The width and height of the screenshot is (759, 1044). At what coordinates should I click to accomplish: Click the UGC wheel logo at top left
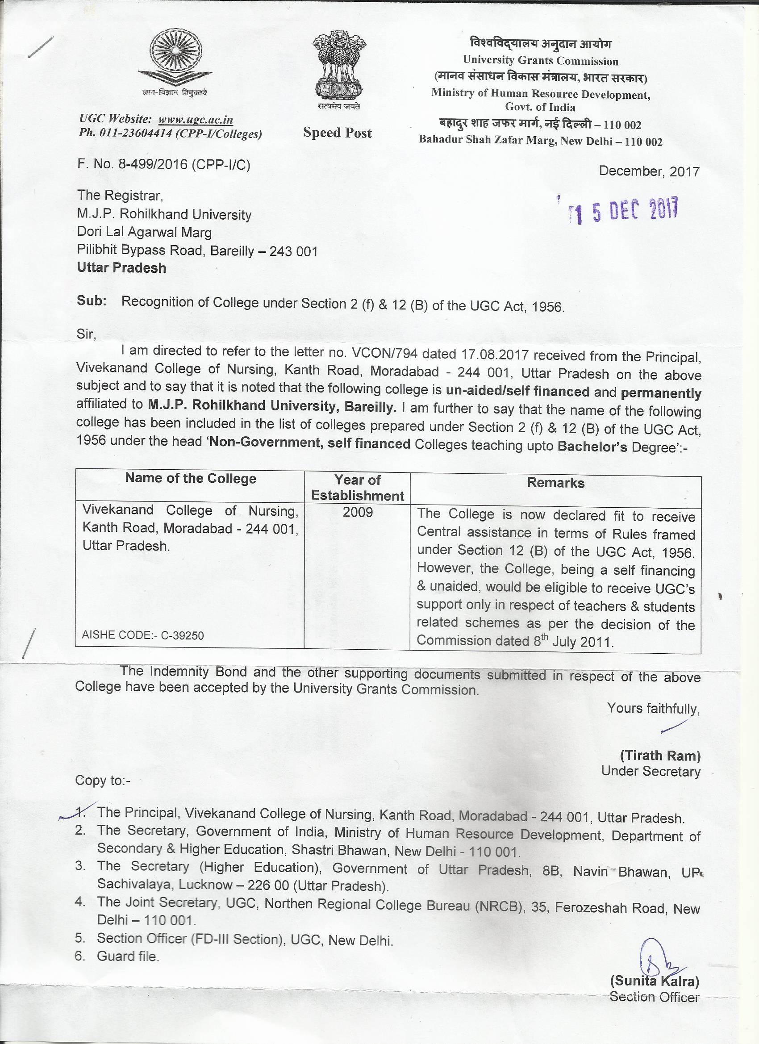click(175, 60)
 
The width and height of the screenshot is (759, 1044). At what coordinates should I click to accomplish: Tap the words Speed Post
click(338, 133)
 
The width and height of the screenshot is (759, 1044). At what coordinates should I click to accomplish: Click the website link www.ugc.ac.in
click(196, 120)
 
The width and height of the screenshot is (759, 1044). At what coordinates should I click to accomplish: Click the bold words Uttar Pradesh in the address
click(121, 268)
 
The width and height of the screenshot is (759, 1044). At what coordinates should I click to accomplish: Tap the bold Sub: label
click(92, 301)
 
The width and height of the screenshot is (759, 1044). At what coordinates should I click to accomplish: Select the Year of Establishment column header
click(357, 488)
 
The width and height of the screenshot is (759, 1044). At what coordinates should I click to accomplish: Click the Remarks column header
click(555, 483)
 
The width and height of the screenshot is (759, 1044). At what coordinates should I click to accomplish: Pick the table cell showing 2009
click(357, 512)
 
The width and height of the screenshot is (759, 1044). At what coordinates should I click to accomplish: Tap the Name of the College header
click(191, 479)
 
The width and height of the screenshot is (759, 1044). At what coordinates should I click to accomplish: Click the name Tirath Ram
click(660, 756)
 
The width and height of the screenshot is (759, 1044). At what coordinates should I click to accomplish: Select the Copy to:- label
click(103, 781)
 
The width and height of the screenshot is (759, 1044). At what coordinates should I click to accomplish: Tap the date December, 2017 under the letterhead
click(649, 172)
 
